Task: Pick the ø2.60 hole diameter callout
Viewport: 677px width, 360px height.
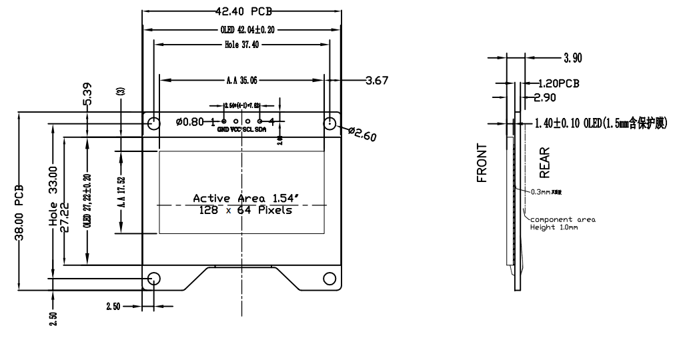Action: point(362,134)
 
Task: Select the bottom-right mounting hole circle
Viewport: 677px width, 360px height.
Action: point(329,278)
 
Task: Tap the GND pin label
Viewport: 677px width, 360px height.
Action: point(223,129)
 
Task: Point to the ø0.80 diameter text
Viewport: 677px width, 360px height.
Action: point(189,122)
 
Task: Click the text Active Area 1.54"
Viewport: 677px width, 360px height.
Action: point(241,198)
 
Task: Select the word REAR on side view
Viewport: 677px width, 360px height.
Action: point(544,164)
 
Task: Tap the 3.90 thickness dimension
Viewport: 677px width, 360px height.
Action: point(572,58)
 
